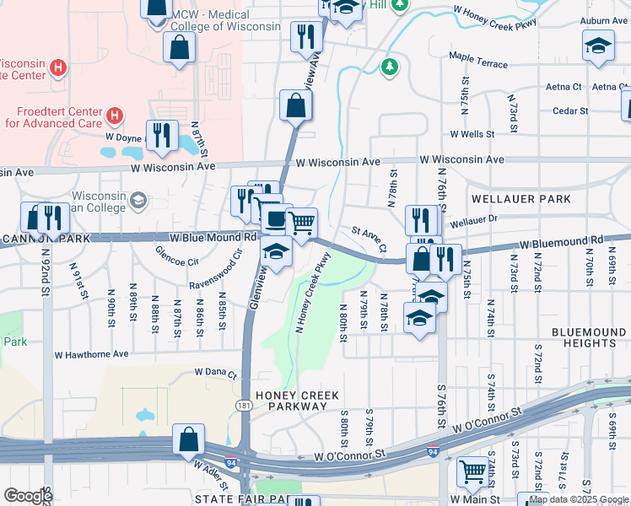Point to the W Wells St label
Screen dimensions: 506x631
tap(477, 134)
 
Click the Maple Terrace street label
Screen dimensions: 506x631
tap(478, 64)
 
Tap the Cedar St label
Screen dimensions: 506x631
tap(570, 110)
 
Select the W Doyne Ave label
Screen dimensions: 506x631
tap(127, 136)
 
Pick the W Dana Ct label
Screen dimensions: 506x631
tap(216, 371)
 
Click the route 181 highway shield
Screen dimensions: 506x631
tap(244, 406)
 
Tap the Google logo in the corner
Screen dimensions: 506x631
tap(28, 495)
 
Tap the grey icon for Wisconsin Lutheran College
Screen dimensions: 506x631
tap(138, 201)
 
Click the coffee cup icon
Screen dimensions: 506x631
tap(276, 220)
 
